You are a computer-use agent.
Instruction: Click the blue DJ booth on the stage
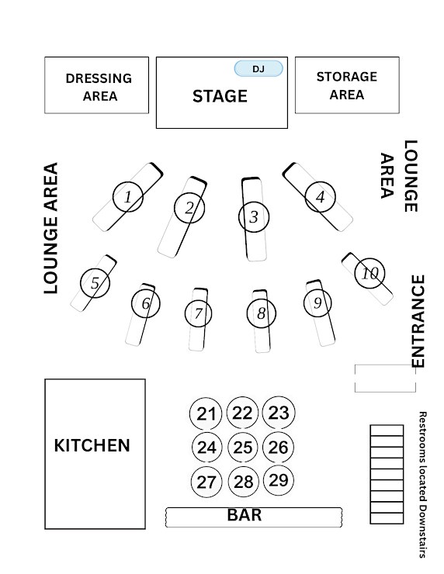(x=258, y=68)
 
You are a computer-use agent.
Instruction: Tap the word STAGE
(x=220, y=96)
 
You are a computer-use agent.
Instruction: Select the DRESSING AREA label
(x=99, y=87)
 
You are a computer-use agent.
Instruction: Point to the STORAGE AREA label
(x=346, y=85)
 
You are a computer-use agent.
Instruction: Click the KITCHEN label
(x=92, y=445)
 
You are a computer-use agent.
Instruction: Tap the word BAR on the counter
(x=245, y=515)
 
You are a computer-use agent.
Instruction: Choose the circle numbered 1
(x=128, y=196)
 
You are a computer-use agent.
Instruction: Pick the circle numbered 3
(x=254, y=216)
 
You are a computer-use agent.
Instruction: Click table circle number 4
(x=320, y=197)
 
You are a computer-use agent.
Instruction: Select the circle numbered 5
(x=95, y=282)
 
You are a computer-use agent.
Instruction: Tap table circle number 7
(x=198, y=313)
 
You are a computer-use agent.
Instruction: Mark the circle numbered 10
(x=369, y=273)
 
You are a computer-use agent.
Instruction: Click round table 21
(x=206, y=413)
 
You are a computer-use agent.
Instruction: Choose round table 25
(x=242, y=448)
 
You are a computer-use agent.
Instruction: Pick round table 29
(x=279, y=480)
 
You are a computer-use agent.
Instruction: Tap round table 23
(x=279, y=413)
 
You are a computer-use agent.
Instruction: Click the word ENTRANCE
(x=418, y=321)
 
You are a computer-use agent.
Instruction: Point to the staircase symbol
(x=387, y=474)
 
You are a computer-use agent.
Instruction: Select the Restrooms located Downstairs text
(x=422, y=484)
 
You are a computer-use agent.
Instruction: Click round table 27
(x=206, y=482)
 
